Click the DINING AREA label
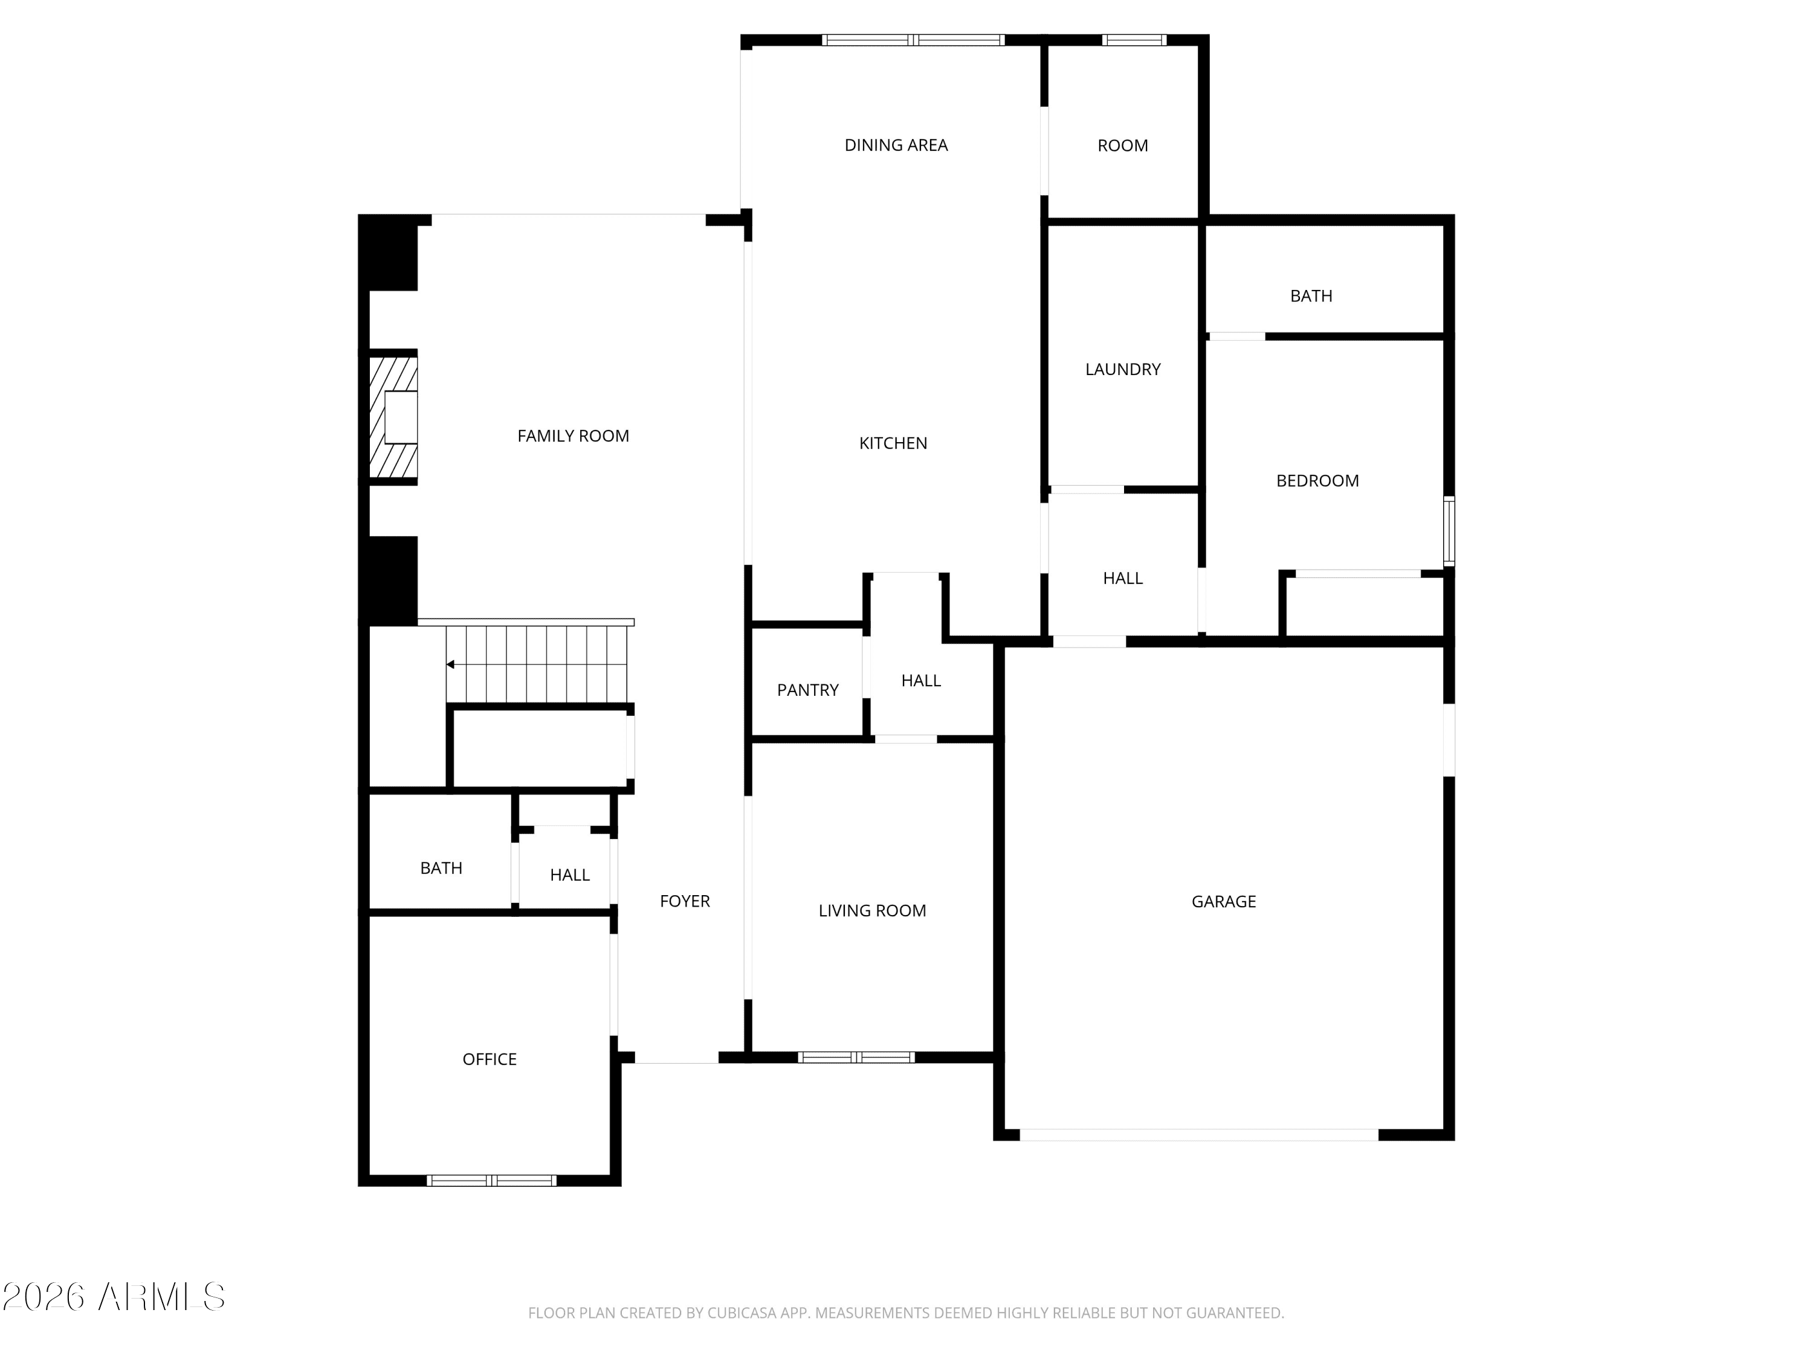(896, 145)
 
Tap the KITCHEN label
(893, 443)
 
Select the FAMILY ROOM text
(573, 436)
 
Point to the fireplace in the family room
(393, 418)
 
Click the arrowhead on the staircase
(450, 664)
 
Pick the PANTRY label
(807, 690)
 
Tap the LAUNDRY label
(1123, 370)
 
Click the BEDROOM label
(1317, 481)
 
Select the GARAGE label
(1224, 901)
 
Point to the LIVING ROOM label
(872, 910)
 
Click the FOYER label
(684, 901)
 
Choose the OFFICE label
(490, 1059)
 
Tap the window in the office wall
(491, 1180)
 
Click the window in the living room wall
(856, 1057)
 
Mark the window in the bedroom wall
(1448, 531)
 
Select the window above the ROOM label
(1134, 39)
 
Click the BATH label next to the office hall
(441, 867)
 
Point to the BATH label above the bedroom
(1311, 296)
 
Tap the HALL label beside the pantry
(920, 681)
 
